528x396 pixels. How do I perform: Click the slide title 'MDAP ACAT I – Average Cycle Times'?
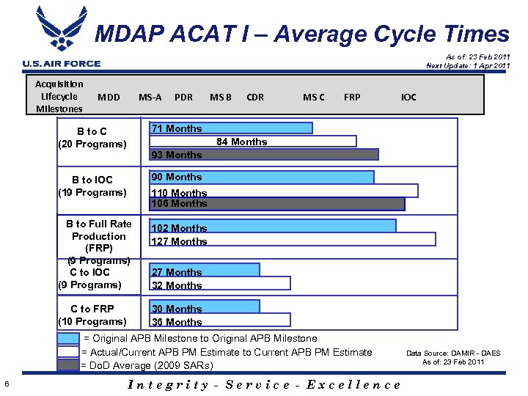302,34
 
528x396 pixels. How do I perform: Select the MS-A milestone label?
150,97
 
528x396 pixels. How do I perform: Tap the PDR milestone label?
183,97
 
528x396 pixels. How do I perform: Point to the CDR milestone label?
255,97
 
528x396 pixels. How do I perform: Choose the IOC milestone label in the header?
408,97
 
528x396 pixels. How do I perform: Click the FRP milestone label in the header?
352,97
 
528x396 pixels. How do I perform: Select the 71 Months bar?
230,128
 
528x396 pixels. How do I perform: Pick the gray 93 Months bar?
264,155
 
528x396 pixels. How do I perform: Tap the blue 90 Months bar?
262,177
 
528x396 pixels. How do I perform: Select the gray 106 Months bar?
277,204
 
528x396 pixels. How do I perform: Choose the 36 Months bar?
220,320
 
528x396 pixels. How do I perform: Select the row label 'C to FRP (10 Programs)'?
92,315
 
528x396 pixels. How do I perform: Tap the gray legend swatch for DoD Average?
68,364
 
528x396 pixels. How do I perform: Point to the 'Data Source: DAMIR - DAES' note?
453,353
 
